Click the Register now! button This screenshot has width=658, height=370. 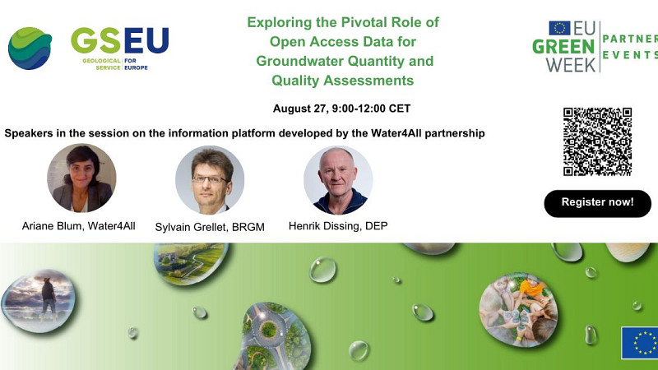click(x=597, y=203)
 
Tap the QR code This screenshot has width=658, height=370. click(x=597, y=141)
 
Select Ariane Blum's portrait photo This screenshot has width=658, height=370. click(x=81, y=178)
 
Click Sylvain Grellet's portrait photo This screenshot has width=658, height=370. click(x=210, y=180)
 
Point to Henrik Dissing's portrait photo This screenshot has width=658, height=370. click(x=338, y=180)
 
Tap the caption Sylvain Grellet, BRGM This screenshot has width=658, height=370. click(x=210, y=226)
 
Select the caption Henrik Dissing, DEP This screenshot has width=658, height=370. click(x=337, y=225)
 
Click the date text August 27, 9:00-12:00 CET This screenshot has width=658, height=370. click(x=341, y=109)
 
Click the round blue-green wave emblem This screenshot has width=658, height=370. click(x=30, y=49)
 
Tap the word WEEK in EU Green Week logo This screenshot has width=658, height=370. click(x=564, y=63)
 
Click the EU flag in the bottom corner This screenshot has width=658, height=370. click(x=639, y=343)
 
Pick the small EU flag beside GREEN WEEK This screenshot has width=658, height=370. click(x=559, y=28)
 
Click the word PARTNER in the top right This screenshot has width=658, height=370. click(x=629, y=38)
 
